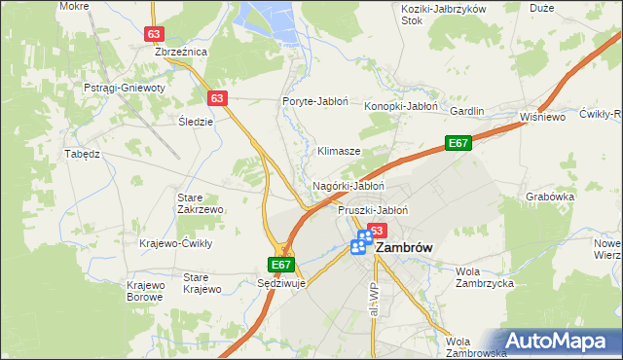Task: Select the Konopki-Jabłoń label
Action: (x=401, y=106)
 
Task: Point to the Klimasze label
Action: (x=340, y=152)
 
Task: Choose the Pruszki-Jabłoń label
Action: (x=372, y=209)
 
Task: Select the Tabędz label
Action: (x=82, y=154)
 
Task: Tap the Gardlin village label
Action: (x=466, y=111)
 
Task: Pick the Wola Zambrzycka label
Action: (x=484, y=277)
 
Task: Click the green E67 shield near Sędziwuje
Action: (x=281, y=265)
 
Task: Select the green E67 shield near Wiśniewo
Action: (x=459, y=143)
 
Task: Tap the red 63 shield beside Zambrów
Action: (x=378, y=231)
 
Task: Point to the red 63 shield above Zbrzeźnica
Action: (x=154, y=33)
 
